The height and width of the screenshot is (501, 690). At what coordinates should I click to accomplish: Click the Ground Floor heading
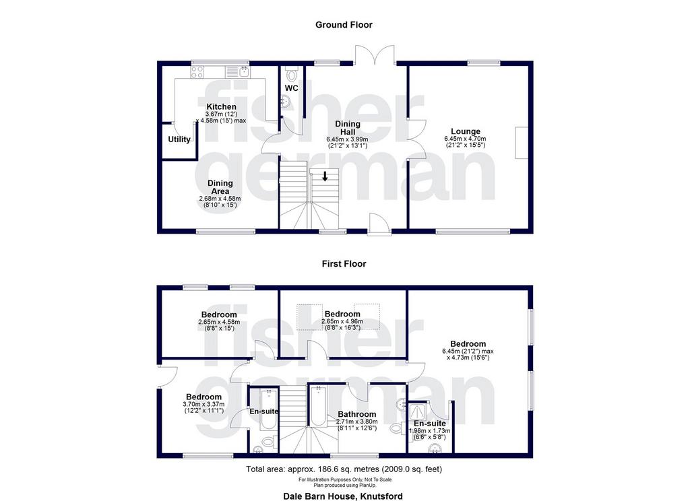(x=344, y=25)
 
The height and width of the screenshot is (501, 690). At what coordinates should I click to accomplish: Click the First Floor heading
(x=344, y=264)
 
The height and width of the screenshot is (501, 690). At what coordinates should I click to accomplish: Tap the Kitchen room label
(x=221, y=107)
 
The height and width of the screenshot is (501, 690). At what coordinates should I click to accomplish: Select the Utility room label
(x=179, y=139)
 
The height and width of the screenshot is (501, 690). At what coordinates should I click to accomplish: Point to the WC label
(x=291, y=88)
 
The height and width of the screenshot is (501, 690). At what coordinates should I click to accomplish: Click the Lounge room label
(x=466, y=131)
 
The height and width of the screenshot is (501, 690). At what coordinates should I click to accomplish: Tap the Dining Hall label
(x=348, y=128)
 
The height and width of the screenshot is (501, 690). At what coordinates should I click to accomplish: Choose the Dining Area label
(x=220, y=187)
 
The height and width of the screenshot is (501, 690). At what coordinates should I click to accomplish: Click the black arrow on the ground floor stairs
(x=325, y=176)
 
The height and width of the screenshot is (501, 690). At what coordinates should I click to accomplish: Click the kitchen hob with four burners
(x=197, y=71)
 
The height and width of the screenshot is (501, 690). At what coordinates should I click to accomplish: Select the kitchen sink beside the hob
(x=238, y=71)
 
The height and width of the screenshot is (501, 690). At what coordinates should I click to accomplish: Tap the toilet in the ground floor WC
(x=291, y=73)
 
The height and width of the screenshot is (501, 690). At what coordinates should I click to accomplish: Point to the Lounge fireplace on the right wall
(x=522, y=143)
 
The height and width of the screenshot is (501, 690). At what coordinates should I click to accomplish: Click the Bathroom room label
(x=357, y=414)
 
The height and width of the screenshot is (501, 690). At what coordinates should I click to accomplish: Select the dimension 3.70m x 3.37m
(x=203, y=404)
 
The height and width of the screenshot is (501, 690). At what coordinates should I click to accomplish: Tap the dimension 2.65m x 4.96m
(x=342, y=321)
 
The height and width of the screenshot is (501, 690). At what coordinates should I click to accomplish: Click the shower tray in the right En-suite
(x=417, y=412)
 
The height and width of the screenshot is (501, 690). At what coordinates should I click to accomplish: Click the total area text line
(x=344, y=469)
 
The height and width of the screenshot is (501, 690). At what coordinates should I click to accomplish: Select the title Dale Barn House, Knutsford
(x=343, y=496)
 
